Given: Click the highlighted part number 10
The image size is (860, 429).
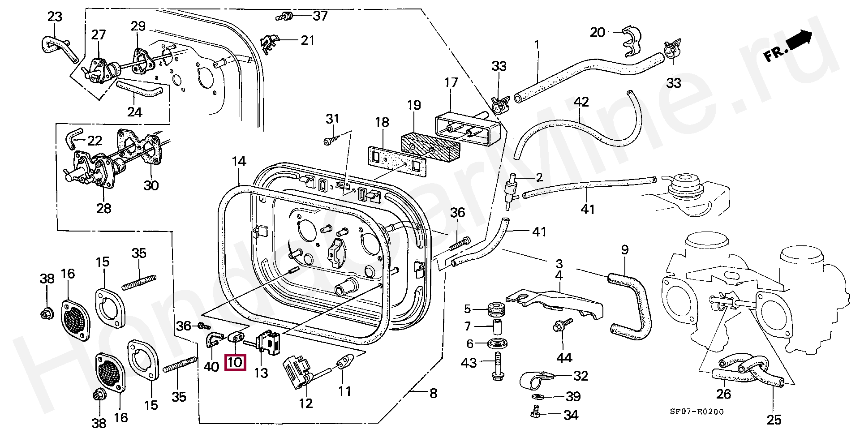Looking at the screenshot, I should (x=236, y=362).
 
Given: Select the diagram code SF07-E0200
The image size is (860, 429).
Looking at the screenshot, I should (x=697, y=412).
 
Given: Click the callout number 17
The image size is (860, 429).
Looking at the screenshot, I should (x=451, y=83).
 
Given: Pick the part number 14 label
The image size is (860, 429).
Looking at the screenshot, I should (x=239, y=161).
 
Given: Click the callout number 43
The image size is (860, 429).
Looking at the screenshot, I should (x=469, y=363).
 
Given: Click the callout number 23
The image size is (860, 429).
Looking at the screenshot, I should (x=55, y=17).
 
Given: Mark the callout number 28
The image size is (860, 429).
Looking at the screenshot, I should (x=104, y=208).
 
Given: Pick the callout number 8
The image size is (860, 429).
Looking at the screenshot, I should (x=433, y=394).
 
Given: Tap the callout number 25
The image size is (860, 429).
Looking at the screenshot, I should (x=774, y=420).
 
